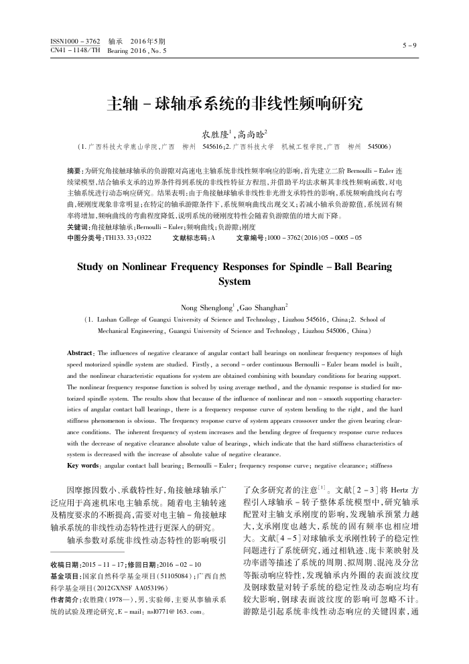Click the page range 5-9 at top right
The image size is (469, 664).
pos(409,46)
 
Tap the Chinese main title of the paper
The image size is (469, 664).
pos(234,104)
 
